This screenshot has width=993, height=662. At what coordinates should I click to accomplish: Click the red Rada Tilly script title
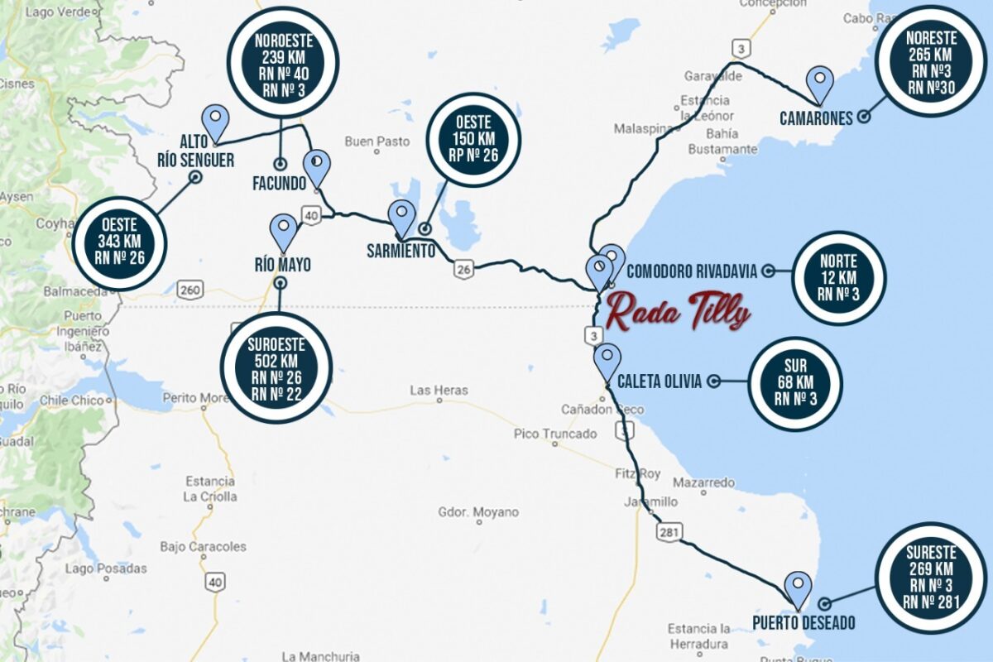678,313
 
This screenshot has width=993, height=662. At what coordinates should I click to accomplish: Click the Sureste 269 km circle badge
931,578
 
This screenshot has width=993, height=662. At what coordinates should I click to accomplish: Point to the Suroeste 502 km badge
276,368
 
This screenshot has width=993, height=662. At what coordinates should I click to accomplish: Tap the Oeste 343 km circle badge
120,244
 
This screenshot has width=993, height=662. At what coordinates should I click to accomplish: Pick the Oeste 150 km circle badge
474,138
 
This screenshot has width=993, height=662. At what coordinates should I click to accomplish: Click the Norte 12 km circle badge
838,277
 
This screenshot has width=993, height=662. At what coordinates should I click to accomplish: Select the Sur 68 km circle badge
794,384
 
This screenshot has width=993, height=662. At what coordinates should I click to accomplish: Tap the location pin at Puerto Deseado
799,588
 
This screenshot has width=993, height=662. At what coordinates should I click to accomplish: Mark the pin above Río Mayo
284,232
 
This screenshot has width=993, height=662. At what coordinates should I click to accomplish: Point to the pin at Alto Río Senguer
215,122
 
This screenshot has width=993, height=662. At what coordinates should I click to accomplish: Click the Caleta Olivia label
660,381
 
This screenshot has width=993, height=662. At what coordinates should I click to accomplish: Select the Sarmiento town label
401,251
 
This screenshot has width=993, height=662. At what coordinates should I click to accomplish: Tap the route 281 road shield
669,532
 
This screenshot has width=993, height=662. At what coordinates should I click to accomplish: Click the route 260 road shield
189,290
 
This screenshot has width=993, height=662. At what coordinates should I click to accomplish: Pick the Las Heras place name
439,391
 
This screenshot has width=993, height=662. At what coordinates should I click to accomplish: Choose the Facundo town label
280,184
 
